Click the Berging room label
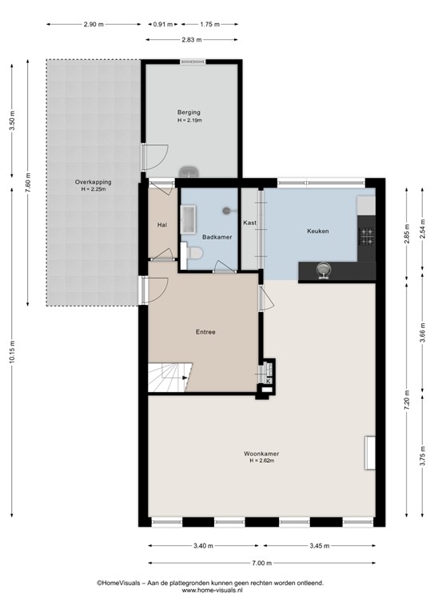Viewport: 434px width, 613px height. tap(189, 113)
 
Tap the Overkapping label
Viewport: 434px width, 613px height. tap(93, 182)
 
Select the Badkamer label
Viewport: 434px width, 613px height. tap(217, 237)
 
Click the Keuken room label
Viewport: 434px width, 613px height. tap(318, 231)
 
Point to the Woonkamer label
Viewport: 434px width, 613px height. tap(261, 454)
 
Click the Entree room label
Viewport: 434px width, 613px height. tap(205, 332)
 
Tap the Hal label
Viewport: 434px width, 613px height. tap(162, 225)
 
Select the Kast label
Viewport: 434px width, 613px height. tap(249, 223)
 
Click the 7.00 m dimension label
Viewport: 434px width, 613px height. tap(262, 564)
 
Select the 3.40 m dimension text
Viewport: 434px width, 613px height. tap(203, 546)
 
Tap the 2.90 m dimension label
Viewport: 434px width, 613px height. tap(94, 24)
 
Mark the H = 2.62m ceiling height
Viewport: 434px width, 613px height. tap(261, 461)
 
